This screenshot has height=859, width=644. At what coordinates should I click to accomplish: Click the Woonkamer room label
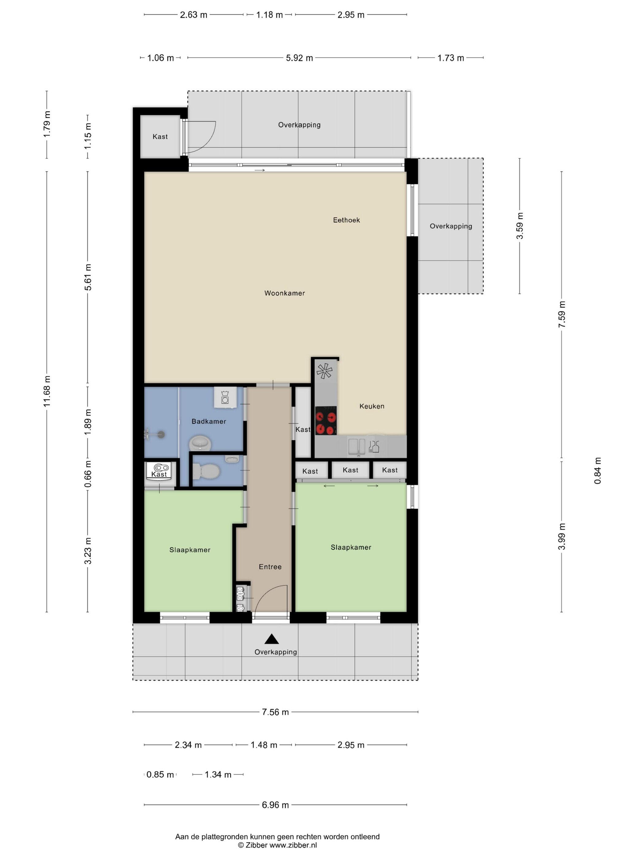[x=285, y=293]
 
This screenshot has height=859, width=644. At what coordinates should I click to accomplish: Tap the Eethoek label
[x=346, y=220]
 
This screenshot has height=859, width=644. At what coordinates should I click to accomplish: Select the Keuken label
[x=371, y=406]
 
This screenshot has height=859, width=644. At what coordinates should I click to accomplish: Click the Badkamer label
[x=209, y=421]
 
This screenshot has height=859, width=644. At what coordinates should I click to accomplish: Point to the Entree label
[x=270, y=567]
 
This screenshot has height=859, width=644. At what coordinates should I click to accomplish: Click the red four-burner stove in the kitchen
[x=326, y=420]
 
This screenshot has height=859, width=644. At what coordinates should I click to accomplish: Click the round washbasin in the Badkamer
[x=200, y=443]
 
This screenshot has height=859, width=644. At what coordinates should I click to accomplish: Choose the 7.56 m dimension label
[x=275, y=712]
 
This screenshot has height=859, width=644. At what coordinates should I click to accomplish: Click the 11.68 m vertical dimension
[x=47, y=391]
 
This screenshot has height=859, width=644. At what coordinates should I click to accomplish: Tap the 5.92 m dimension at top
[x=299, y=58]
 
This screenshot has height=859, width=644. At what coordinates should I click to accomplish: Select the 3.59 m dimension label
[x=520, y=225]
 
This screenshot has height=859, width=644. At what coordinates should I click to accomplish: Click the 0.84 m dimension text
[x=597, y=470]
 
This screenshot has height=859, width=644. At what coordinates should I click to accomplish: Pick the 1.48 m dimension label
[x=264, y=745]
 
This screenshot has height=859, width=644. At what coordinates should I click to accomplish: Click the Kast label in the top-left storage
[x=160, y=137]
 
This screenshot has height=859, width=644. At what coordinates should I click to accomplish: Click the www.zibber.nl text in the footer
[x=293, y=845]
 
